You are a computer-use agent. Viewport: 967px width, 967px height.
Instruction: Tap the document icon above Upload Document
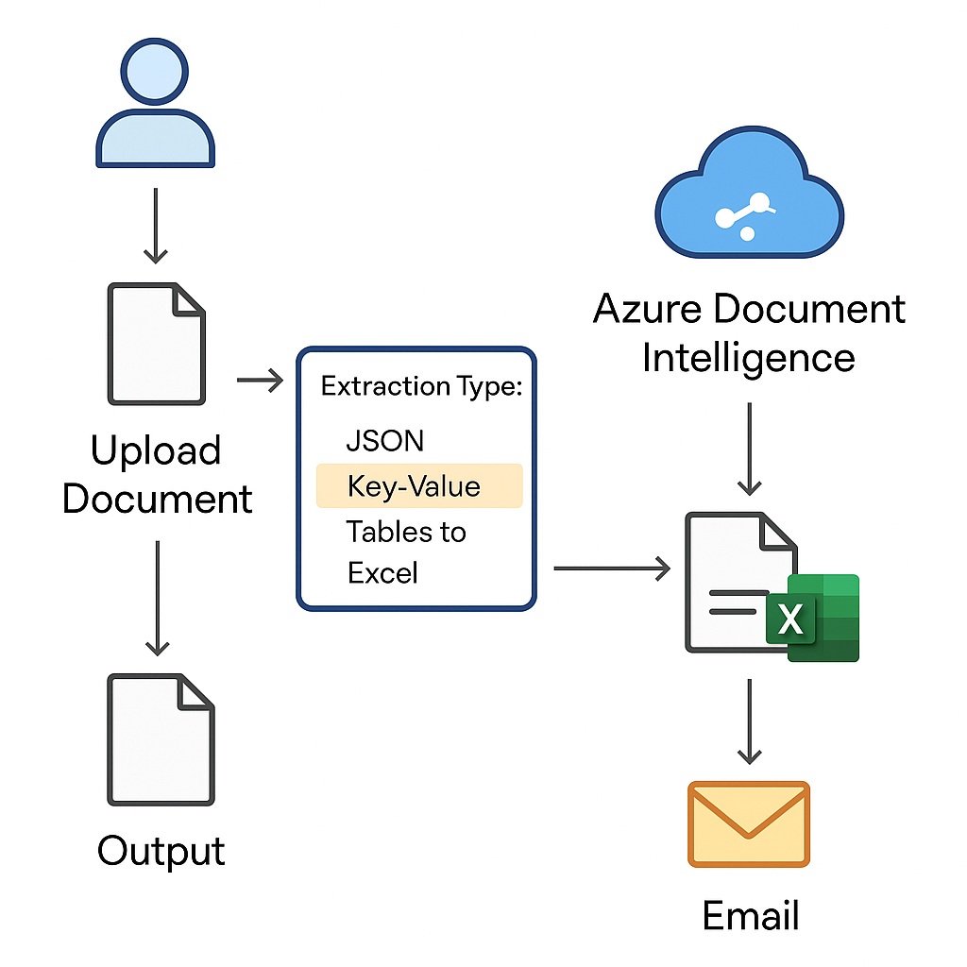[x=156, y=345]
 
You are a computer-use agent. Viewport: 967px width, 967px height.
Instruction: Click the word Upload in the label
[x=156, y=451]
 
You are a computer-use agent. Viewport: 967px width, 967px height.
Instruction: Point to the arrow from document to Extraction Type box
[x=260, y=381]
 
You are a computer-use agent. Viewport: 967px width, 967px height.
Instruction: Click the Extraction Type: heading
[x=421, y=386]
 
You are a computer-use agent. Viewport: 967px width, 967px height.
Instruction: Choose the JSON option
[x=384, y=440]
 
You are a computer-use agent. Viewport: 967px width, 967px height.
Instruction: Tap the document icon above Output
[x=161, y=738]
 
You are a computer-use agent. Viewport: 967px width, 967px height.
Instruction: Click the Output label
[x=161, y=851]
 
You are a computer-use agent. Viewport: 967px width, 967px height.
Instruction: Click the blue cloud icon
[x=748, y=201]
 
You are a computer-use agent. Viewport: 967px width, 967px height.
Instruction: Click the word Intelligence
[x=748, y=358]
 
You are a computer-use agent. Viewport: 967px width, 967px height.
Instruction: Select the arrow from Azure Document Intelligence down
[x=749, y=449]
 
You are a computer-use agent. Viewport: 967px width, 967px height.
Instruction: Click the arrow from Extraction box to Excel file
[x=612, y=568]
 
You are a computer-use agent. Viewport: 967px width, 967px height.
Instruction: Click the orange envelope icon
[x=749, y=823]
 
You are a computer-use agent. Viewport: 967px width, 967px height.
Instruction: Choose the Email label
[x=751, y=915]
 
